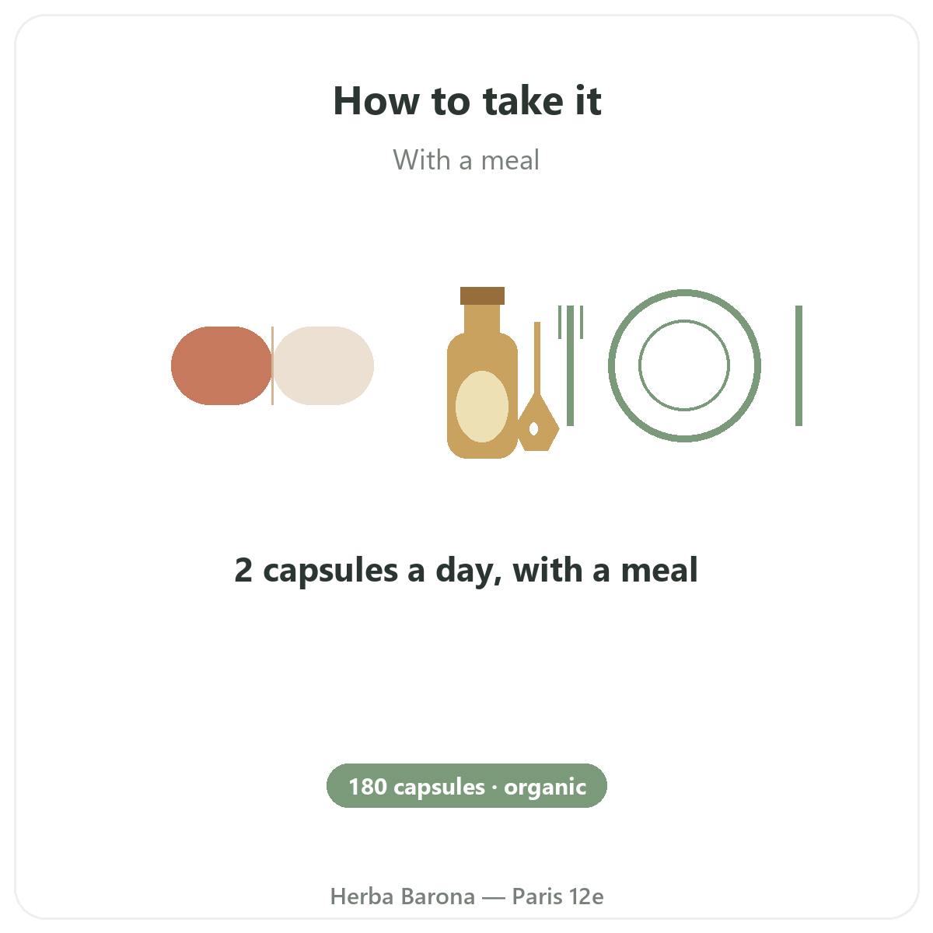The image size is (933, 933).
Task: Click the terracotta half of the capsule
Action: [222, 365]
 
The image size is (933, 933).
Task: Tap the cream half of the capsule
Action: [323, 365]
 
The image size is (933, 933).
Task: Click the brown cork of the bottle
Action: [482, 295]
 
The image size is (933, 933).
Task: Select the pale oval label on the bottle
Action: [482, 406]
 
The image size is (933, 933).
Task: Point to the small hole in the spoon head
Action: [533, 428]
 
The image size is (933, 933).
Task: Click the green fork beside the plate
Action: [571, 365]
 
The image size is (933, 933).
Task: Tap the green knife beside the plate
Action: [799, 365]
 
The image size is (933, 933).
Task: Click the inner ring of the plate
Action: [684, 320]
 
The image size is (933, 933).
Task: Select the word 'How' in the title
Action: [376, 101]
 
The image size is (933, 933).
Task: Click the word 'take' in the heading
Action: [523, 101]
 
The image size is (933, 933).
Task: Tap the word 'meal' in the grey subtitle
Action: [510, 160]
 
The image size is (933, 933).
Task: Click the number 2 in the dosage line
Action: [243, 570]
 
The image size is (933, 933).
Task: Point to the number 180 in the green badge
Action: [368, 787]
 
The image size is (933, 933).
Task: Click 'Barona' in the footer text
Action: [439, 896]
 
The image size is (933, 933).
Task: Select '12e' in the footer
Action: [586, 896]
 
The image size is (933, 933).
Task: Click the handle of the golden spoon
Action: [537, 358]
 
